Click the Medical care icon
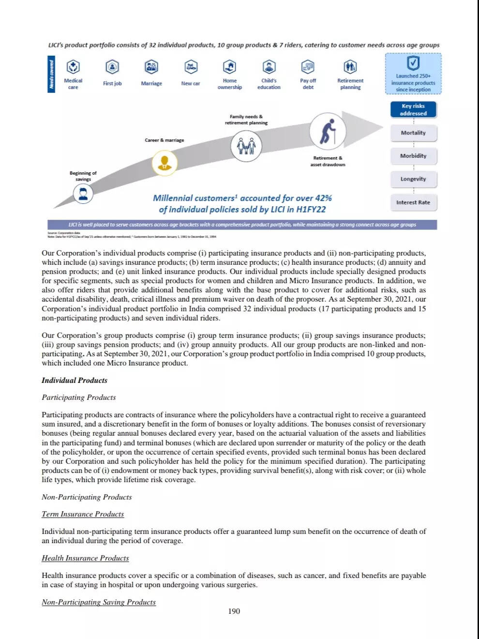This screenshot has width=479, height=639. tap(73, 66)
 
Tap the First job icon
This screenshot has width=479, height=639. tap(112, 66)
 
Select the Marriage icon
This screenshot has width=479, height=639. tap(151, 66)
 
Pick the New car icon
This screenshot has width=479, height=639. tap(191, 66)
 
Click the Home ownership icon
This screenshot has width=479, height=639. tap(229, 66)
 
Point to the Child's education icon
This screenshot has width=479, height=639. tap(269, 66)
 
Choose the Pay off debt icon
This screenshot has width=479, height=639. tap(308, 66)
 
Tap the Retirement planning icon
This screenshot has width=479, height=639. tap(350, 66)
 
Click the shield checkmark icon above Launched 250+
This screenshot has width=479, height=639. tap(413, 62)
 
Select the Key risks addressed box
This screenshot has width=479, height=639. tap(413, 110)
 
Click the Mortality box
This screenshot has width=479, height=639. tap(413, 133)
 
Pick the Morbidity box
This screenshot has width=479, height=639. tap(413, 156)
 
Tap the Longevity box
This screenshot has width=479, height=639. tap(413, 179)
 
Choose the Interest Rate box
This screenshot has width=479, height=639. tap(413, 202)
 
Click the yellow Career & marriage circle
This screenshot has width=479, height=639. tap(165, 163)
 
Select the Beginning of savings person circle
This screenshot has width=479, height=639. tap(83, 194)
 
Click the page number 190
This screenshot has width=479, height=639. tap(234, 611)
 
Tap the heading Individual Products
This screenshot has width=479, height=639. tap(75, 380)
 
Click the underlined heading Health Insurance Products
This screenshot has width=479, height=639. tap(85, 558)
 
